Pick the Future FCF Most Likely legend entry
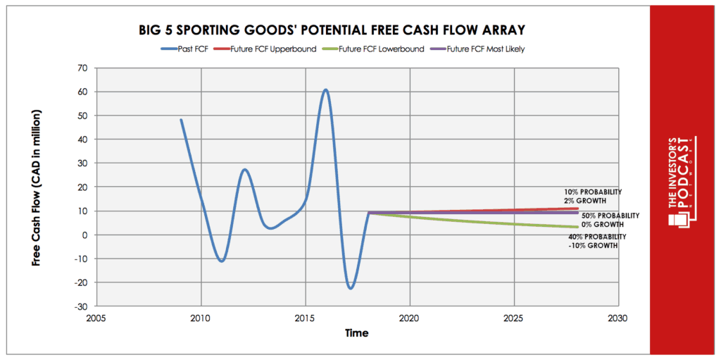462,49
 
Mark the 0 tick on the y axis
84,235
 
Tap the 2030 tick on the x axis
617,318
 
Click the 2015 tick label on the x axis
305,318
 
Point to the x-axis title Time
356,333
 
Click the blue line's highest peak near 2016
325,90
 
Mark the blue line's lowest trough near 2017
350,287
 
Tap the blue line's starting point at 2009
181,120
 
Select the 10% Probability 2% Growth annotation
593,196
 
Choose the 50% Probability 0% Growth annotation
610,219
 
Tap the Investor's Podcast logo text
682,180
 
